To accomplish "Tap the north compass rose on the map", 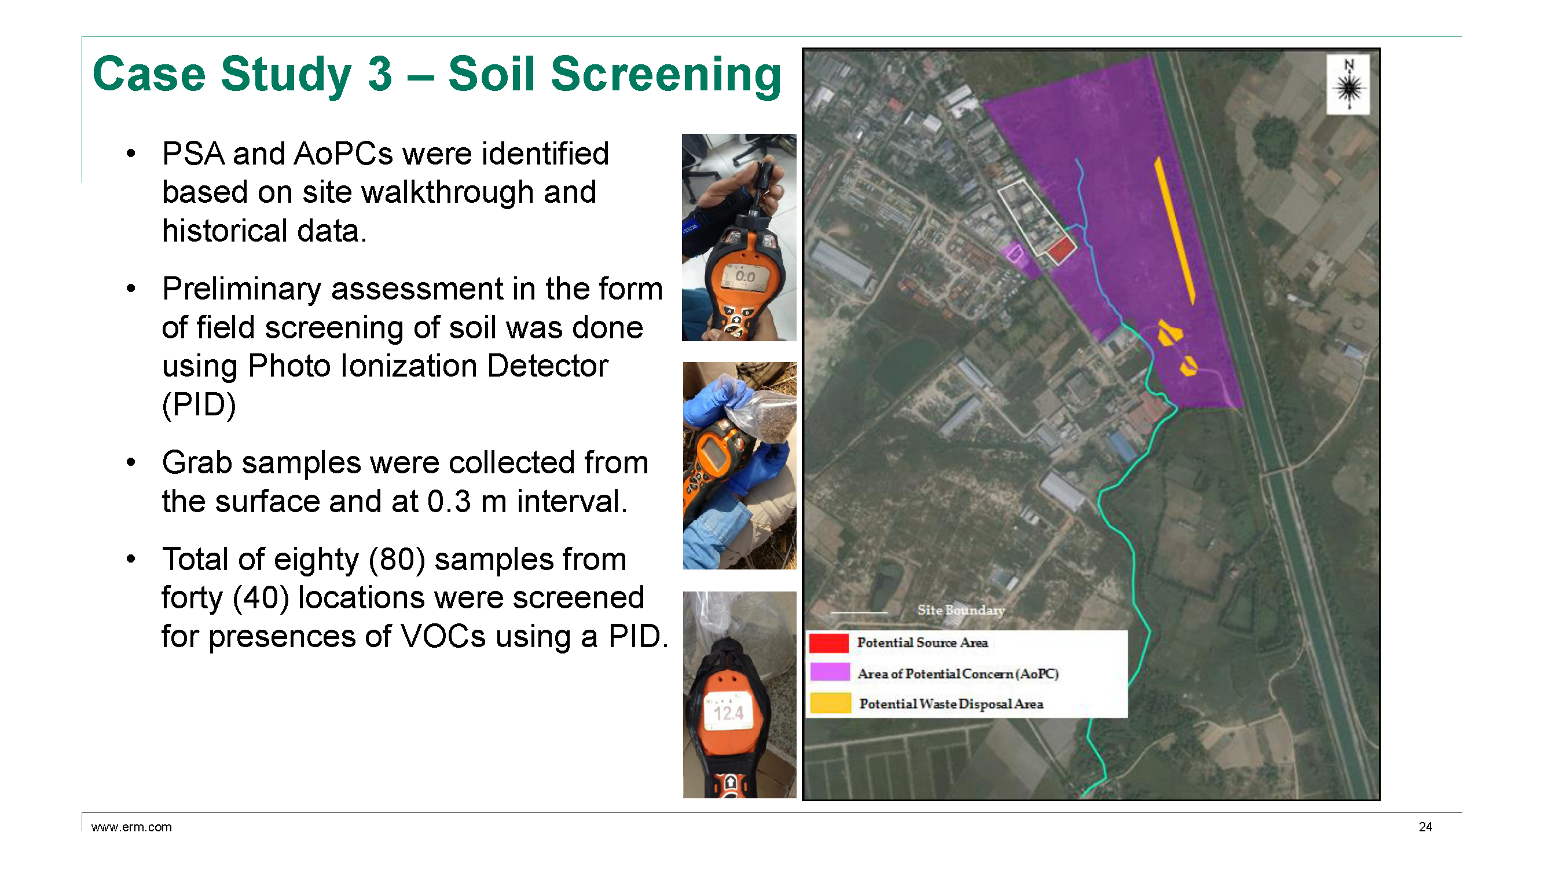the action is point(1348,85).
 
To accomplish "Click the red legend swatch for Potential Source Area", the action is point(829,642).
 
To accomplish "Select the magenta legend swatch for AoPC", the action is point(830,671).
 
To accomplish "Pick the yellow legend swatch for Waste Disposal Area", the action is point(830,703).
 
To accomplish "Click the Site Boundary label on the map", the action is point(961,610).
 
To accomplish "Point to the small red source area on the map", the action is point(1059,249).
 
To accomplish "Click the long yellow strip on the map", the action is point(1175,231).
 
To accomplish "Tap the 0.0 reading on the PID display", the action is point(745,276).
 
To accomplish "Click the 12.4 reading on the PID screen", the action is point(728,713).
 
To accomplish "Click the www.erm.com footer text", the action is point(131,827).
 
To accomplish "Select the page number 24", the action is point(1425,827).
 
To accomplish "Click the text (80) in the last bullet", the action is point(397,559).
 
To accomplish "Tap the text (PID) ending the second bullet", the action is point(199,405).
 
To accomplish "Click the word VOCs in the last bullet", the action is point(443,636).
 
